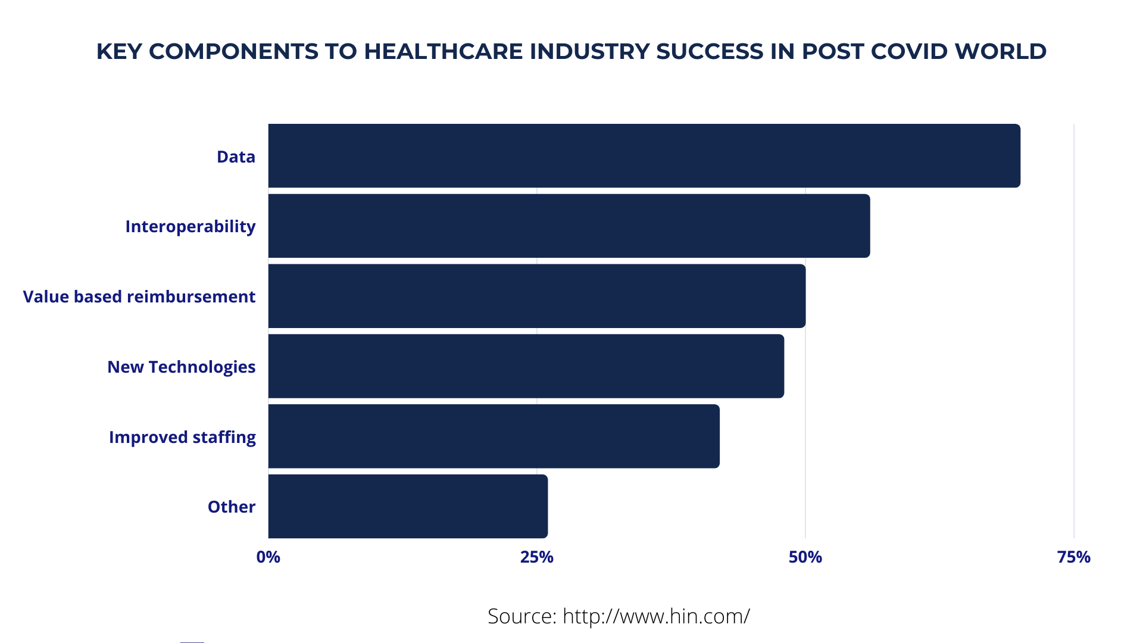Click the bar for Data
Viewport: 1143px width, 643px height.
click(x=644, y=156)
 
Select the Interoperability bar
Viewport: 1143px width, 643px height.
click(x=569, y=226)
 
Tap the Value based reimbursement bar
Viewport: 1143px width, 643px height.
click(x=537, y=296)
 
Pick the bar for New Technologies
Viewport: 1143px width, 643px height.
click(x=526, y=366)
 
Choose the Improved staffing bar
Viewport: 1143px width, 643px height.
click(x=494, y=436)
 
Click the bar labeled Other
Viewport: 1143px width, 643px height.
click(x=408, y=506)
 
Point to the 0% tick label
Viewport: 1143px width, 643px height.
click(x=268, y=557)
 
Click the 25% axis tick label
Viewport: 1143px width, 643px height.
click(x=537, y=557)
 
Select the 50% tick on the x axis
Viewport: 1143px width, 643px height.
click(x=805, y=557)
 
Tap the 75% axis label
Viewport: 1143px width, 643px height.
click(x=1074, y=557)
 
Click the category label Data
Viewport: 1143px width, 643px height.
click(x=236, y=157)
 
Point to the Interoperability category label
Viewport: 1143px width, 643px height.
click(x=190, y=226)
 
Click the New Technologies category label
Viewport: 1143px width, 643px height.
click(x=182, y=367)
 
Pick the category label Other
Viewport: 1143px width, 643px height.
click(x=232, y=507)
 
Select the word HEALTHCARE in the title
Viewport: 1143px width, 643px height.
click(x=444, y=51)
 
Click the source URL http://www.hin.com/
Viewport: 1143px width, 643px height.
click(x=656, y=616)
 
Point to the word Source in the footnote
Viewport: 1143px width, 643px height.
click(x=521, y=616)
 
